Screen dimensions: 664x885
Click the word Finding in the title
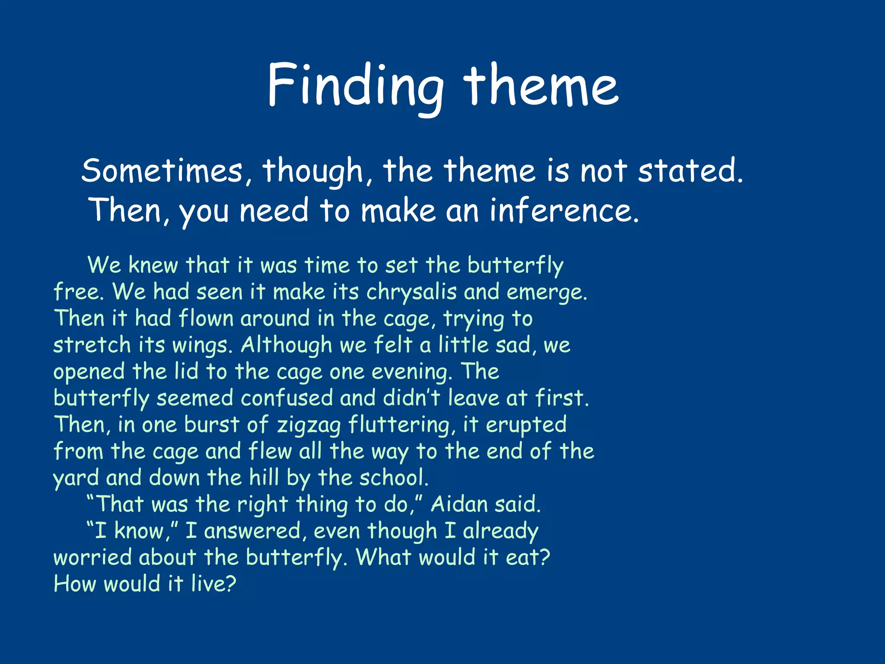point(355,85)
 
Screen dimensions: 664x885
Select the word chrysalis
point(411,292)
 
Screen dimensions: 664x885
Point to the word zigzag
point(309,425)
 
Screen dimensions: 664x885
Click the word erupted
point(526,425)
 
